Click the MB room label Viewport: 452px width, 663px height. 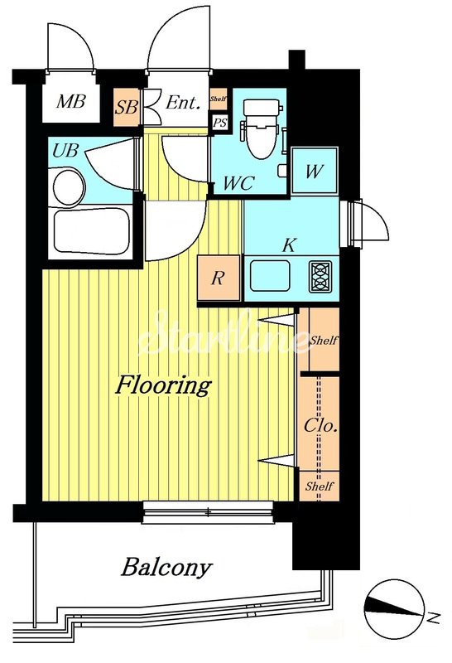click(71, 101)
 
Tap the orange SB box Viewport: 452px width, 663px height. click(127, 107)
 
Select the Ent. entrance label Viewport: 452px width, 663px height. click(182, 102)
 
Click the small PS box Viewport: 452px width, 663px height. click(219, 123)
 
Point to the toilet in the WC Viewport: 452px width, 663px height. click(262, 129)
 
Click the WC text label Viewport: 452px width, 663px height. click(238, 183)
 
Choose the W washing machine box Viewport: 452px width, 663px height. click(315, 171)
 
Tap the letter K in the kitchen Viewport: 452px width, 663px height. click(290, 245)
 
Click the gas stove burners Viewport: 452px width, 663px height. click(320, 277)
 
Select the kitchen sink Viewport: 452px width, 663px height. click(270, 276)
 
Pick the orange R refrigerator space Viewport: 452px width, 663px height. click(219, 278)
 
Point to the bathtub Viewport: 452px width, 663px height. click(91, 231)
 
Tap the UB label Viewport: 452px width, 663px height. click(65, 150)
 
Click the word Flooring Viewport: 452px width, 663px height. click(163, 385)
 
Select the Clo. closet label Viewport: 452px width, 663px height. click(320, 425)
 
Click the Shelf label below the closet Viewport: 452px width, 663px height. click(320, 486)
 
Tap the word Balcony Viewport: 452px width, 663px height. click(166, 567)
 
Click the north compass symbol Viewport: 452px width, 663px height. click(394, 609)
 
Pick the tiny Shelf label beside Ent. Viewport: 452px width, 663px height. click(219, 99)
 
